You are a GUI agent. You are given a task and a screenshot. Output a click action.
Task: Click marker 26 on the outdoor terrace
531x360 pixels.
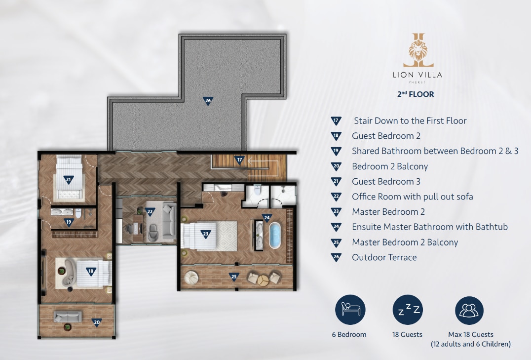(x=208, y=101)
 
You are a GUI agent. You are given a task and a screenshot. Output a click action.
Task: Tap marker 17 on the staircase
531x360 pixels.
(x=239, y=160)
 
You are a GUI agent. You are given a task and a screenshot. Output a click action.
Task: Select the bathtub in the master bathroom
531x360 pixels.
(x=275, y=235)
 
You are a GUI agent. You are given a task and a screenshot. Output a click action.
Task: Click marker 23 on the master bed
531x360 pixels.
(x=206, y=234)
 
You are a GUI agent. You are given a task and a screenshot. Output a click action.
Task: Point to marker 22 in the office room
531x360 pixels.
(x=150, y=212)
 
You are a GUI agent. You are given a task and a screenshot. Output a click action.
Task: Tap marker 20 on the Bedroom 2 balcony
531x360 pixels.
(x=97, y=322)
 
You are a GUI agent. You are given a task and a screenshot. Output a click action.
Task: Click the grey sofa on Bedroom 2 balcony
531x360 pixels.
(x=68, y=317)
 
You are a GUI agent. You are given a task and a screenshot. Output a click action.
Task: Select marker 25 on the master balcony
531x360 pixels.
(x=233, y=277)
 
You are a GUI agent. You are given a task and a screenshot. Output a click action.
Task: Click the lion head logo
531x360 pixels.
(x=418, y=50)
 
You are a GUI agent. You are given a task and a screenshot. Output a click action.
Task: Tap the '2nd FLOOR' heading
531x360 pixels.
(x=416, y=94)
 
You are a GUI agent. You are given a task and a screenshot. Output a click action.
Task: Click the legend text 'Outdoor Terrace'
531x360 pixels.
(x=384, y=257)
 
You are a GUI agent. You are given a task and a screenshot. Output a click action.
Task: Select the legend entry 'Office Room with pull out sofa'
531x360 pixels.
(x=413, y=197)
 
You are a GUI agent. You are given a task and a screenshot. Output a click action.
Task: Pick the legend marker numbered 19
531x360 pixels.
(x=336, y=151)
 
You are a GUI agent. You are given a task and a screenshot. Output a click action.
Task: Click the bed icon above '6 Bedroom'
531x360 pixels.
(x=350, y=310)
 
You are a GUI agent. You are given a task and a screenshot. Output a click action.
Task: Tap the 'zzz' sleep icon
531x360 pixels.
(x=408, y=310)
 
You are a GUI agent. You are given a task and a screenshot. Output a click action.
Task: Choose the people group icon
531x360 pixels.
(x=469, y=311)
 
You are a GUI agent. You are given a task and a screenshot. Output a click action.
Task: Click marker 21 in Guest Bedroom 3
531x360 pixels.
(x=69, y=180)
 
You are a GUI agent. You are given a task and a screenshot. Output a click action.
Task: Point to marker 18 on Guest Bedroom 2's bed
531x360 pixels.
(x=91, y=272)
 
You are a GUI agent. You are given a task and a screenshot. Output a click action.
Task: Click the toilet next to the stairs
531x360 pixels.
(x=258, y=190)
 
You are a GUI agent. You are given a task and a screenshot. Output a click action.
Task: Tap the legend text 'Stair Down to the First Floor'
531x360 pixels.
(x=410, y=120)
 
